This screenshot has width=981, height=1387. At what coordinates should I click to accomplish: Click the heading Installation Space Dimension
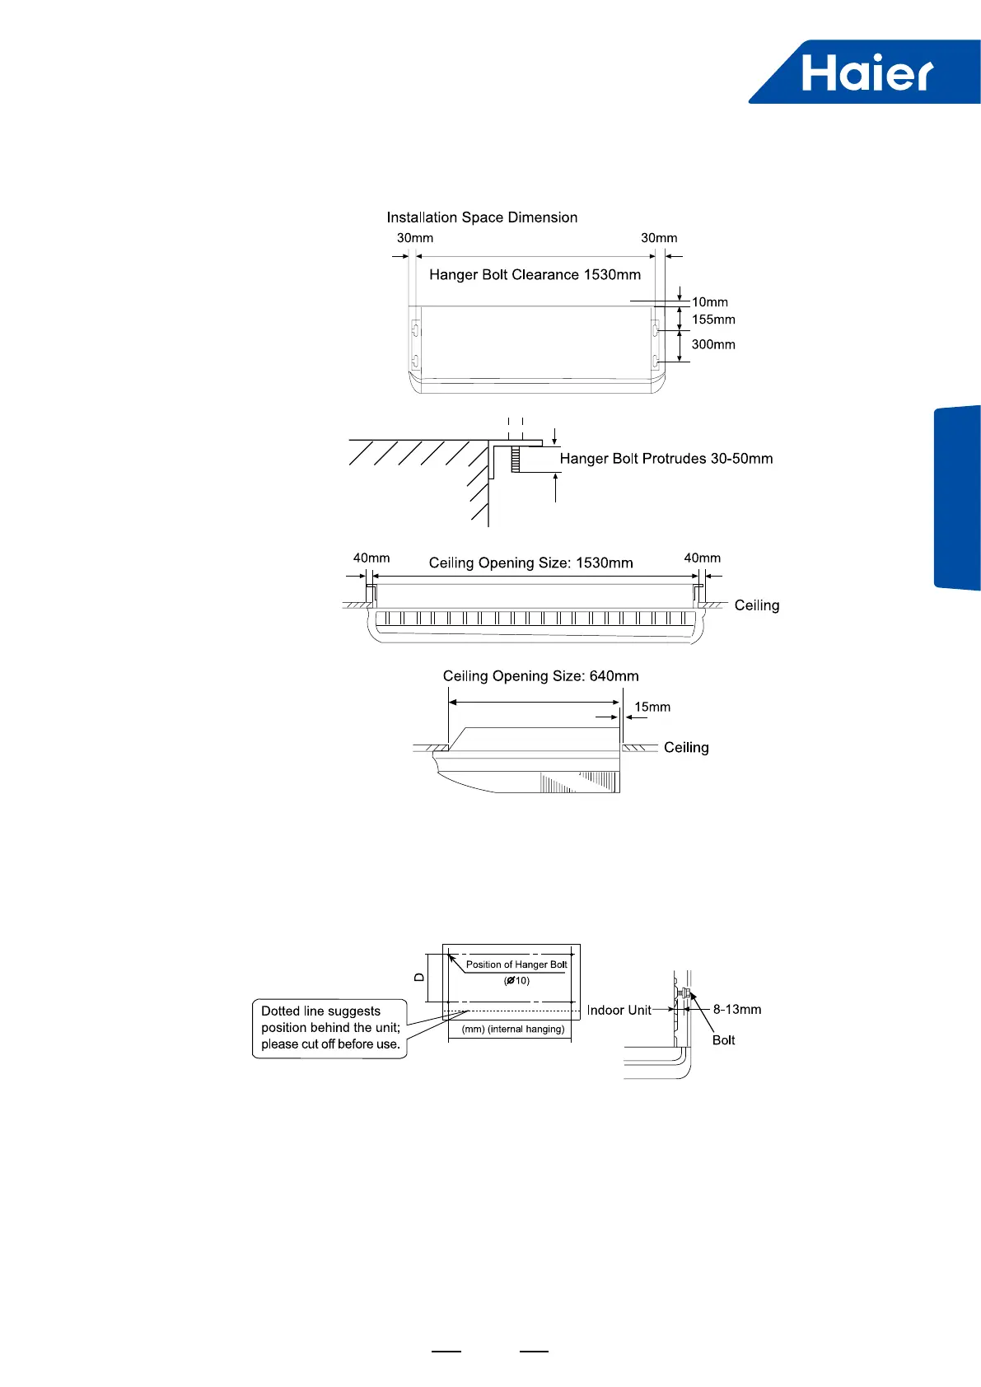[x=482, y=217]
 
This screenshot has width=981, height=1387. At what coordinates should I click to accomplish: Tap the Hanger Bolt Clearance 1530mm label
[x=535, y=275]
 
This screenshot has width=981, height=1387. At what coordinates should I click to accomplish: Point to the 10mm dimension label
[x=709, y=302]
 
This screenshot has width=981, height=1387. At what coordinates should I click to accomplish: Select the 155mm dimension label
[x=713, y=320]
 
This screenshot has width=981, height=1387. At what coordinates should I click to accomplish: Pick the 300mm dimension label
[x=713, y=344]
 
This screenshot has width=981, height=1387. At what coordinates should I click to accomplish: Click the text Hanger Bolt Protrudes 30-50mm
[x=666, y=459]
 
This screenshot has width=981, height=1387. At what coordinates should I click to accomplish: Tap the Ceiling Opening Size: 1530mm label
[x=530, y=563]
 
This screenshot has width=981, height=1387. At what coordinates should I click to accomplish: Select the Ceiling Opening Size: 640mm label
[x=540, y=676]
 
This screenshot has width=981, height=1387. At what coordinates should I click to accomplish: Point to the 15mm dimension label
[x=652, y=707]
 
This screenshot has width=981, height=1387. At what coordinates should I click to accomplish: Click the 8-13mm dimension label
[x=737, y=1009]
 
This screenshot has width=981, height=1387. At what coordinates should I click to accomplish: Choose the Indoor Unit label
[x=619, y=1010]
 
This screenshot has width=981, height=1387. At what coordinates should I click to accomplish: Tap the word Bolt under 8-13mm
[x=723, y=1040]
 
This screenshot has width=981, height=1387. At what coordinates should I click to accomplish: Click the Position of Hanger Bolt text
[x=516, y=964]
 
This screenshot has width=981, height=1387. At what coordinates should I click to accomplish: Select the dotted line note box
[x=329, y=1028]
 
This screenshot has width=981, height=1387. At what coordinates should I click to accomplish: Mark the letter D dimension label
[x=419, y=977]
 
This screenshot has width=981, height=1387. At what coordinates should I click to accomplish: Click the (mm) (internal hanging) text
[x=513, y=1029]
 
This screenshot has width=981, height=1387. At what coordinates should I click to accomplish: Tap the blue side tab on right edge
[x=957, y=497]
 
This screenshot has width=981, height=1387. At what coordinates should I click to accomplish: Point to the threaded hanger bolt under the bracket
[x=516, y=459]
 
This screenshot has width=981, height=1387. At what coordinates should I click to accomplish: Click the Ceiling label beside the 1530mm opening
[x=756, y=605]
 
